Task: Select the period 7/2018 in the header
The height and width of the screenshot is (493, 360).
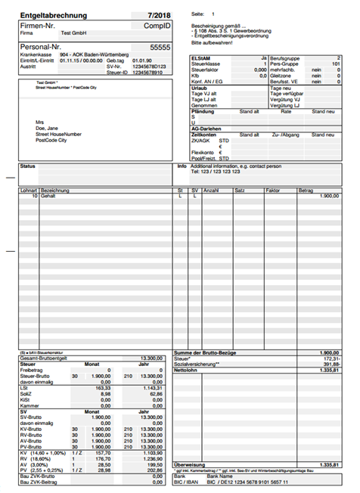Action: pos(159,15)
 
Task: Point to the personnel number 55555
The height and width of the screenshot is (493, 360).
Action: pos(160,47)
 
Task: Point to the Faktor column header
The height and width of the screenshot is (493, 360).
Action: pos(272,190)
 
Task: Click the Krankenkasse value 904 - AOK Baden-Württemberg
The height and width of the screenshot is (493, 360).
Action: pos(94,55)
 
